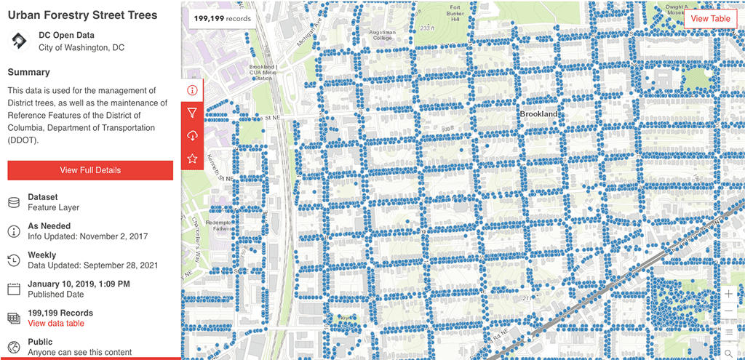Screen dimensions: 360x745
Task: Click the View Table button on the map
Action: [x=710, y=19]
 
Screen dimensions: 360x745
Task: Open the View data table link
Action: [x=56, y=323]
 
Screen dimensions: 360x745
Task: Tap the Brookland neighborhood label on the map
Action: [x=538, y=114]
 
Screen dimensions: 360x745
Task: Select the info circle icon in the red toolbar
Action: [x=192, y=90]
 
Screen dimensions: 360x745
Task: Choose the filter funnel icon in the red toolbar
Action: [x=192, y=113]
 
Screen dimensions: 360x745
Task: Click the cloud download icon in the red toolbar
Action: [x=192, y=135]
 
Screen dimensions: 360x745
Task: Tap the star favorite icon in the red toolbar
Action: [x=192, y=158]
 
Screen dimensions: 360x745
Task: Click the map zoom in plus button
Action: [x=729, y=293]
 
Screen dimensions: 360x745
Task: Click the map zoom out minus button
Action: [x=729, y=312]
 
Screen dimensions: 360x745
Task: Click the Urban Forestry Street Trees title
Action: [x=82, y=15]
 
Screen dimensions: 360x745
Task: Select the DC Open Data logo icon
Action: [x=17, y=41]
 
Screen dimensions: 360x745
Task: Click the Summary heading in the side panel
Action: [x=29, y=72]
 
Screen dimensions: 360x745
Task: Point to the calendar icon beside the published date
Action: [x=13, y=289]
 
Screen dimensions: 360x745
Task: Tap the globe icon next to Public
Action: [x=13, y=347]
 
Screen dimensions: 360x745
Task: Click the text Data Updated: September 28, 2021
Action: [x=93, y=265]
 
